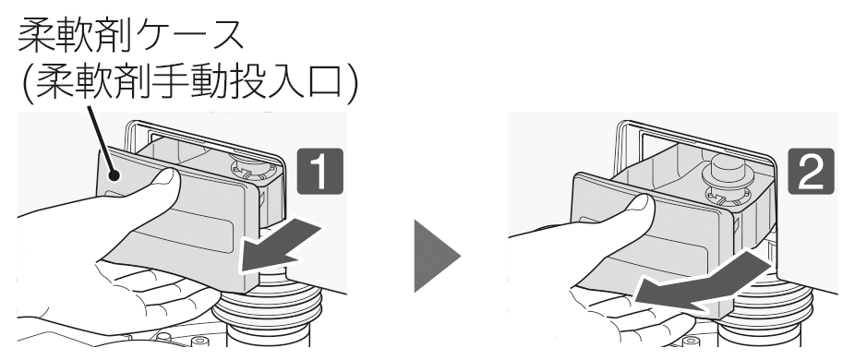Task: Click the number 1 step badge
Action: pyautogui.click(x=320, y=171)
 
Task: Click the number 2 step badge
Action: pyautogui.click(x=811, y=171)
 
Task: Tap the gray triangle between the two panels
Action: pyautogui.click(x=437, y=256)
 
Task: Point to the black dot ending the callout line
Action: pyautogui.click(x=114, y=175)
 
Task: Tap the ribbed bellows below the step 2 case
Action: pyautogui.click(x=764, y=311)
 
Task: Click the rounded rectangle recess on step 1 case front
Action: pyautogui.click(x=185, y=232)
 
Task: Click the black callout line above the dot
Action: pyautogui.click(x=101, y=139)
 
